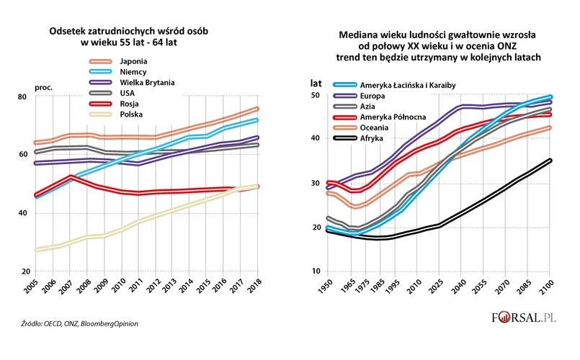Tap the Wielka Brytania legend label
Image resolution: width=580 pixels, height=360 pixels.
(147, 81)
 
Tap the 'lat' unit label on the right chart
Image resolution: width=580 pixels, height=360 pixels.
(316, 83)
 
